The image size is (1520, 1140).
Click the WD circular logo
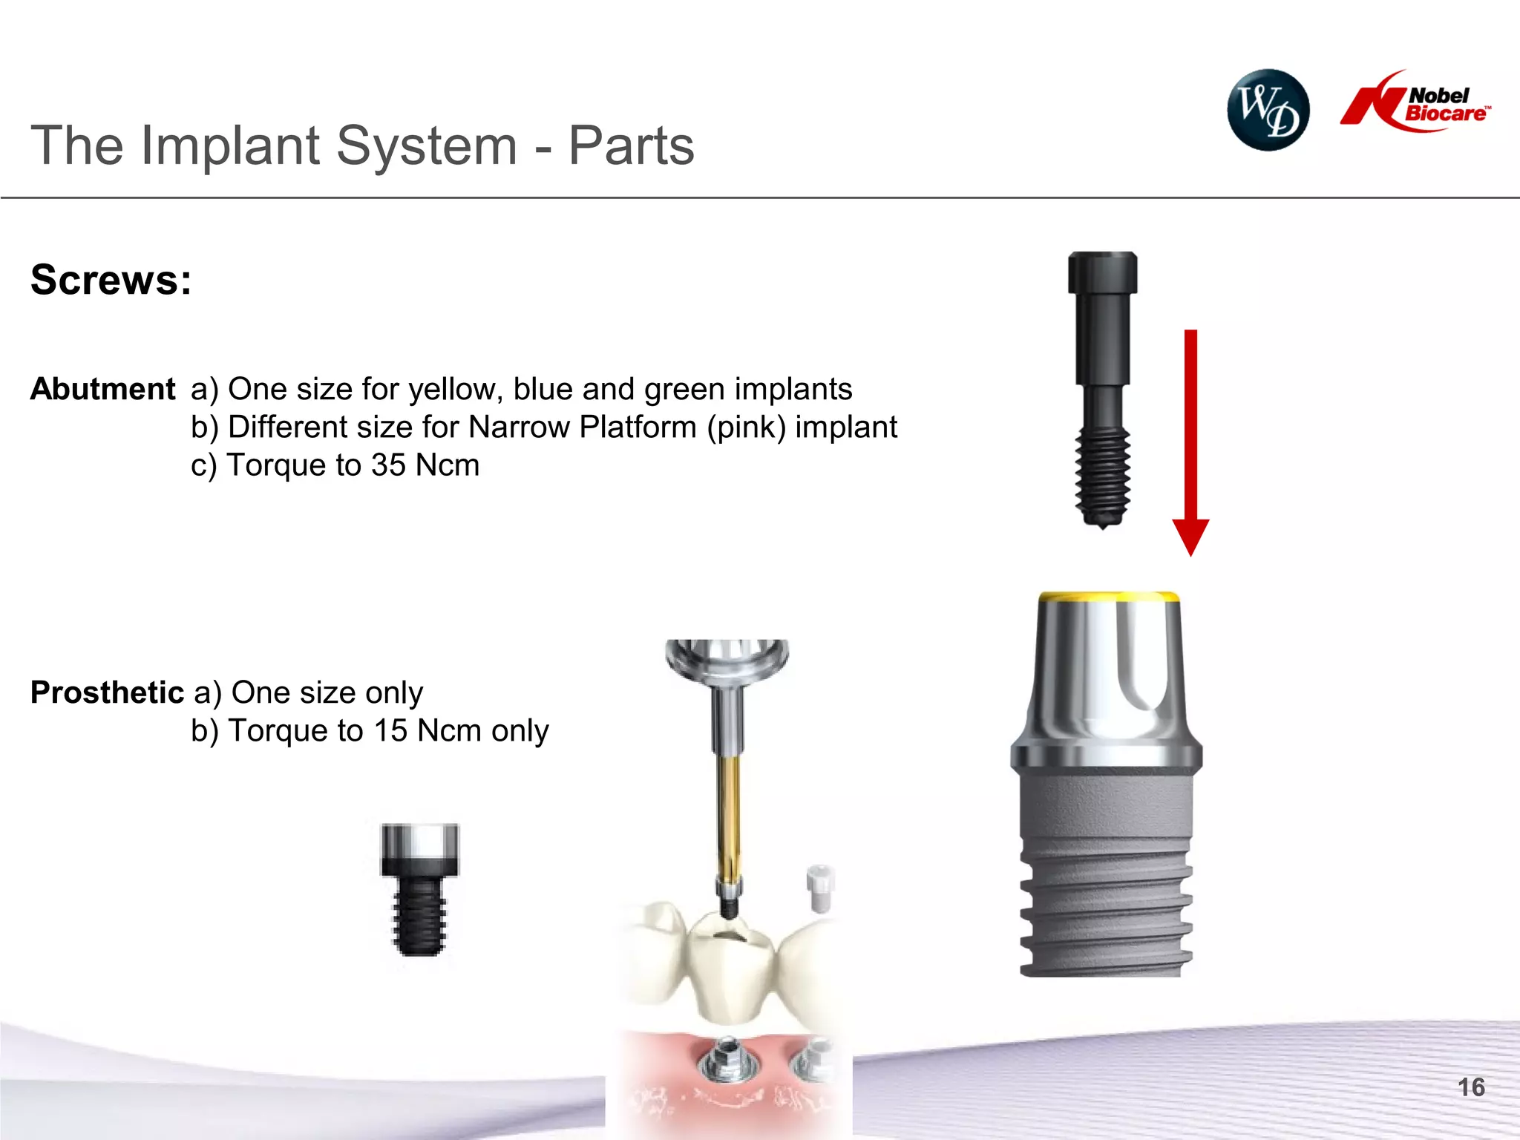[x=1268, y=110]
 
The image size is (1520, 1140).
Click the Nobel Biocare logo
[x=1415, y=102]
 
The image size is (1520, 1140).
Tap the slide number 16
[x=1471, y=1087]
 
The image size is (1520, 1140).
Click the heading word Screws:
[x=111, y=280]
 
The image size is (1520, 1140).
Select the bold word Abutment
[x=103, y=389]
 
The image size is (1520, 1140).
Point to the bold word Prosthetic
[x=108, y=692]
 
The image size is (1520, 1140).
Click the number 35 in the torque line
[x=388, y=465]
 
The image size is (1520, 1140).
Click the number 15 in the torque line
[x=390, y=731]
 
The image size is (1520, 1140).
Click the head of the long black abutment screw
[x=1103, y=273]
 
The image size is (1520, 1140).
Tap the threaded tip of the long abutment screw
[x=1103, y=479]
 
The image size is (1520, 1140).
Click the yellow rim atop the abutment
[x=1109, y=597]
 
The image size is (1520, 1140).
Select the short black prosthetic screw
[x=420, y=889]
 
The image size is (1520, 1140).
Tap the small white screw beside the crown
[x=820, y=888]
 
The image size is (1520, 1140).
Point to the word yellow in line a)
[x=455, y=390]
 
